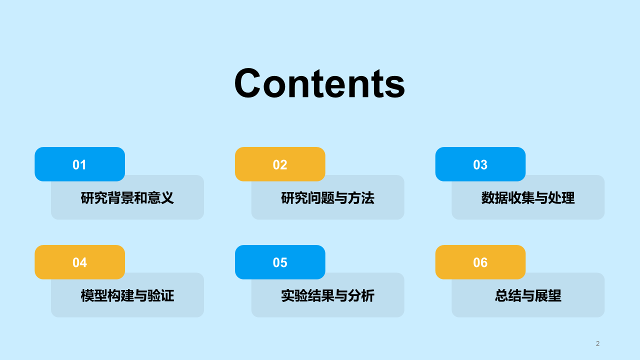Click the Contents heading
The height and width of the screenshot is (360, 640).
[x=319, y=83]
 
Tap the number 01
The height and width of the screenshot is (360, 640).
[x=79, y=164]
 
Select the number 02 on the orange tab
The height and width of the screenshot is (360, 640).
[x=280, y=164]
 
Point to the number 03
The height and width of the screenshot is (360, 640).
[x=480, y=164]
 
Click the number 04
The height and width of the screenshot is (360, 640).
[x=79, y=262]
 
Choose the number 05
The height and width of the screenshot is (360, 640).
[x=280, y=262]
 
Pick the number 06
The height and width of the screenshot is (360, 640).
[x=480, y=262]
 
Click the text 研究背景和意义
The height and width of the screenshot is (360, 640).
[x=127, y=198]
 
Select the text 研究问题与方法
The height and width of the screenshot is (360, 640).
[x=327, y=198]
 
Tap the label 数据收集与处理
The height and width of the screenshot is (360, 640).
[x=528, y=198]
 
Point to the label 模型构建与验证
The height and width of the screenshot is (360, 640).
[x=127, y=295]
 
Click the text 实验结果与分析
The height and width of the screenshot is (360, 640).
[x=327, y=295]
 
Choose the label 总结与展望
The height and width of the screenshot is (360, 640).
[x=528, y=295]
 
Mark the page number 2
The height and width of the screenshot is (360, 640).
[x=597, y=343]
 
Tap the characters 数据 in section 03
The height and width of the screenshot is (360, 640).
[x=490, y=198]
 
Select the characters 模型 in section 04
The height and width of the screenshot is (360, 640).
[x=90, y=295]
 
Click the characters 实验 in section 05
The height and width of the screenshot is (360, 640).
[x=290, y=295]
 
